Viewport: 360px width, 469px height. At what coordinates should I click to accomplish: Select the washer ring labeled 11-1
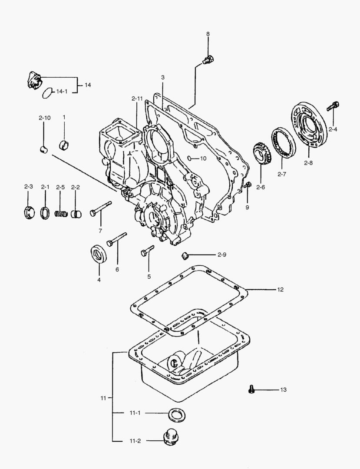pos(176,415)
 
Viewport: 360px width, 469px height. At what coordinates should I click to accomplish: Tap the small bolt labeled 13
pos(251,390)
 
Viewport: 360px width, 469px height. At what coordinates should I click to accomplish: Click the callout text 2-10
pos(44,117)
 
